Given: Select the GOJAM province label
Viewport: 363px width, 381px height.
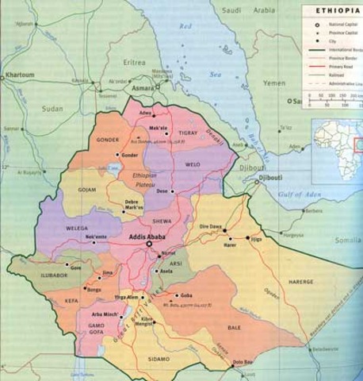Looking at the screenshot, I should pyautogui.click(x=86, y=191).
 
